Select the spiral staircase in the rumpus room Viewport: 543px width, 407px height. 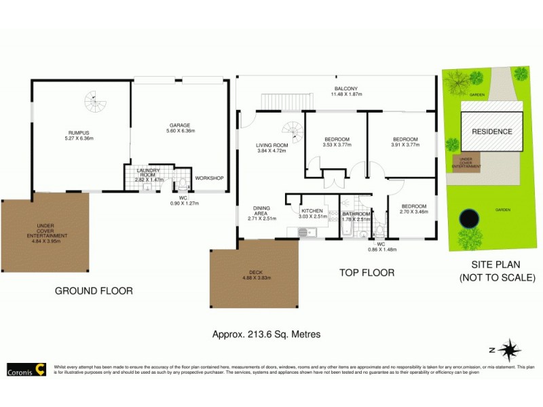point(96,104)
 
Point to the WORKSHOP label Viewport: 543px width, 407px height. point(209,178)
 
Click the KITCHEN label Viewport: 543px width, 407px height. point(312,211)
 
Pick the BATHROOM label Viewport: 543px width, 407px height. point(356,214)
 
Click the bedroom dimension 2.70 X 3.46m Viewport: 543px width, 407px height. point(413,212)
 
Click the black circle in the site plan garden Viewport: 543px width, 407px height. point(468,218)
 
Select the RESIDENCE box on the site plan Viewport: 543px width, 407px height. point(492,132)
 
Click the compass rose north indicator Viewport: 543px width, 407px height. point(508,350)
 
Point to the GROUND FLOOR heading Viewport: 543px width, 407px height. point(94,291)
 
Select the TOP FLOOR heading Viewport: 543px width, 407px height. point(367,273)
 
